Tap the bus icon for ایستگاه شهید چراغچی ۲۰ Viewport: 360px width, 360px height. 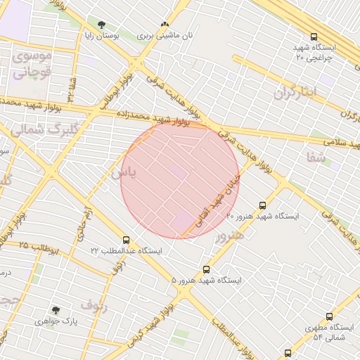(314, 37)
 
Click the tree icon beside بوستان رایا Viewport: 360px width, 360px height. (102, 25)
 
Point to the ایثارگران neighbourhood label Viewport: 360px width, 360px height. (296, 92)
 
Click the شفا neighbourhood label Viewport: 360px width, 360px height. (317, 158)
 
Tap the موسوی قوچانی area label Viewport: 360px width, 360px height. (32, 63)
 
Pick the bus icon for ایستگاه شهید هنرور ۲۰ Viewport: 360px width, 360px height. (262, 206)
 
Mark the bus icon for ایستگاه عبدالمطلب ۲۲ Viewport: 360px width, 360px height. (126, 240)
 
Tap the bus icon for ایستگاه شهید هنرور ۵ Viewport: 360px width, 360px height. (206, 269)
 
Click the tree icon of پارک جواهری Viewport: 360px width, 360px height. (56, 310)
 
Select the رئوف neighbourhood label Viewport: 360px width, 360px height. (94, 304)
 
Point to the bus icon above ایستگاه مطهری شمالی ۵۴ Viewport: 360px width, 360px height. (329, 317)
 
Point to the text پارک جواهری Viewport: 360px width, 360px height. (56, 321)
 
